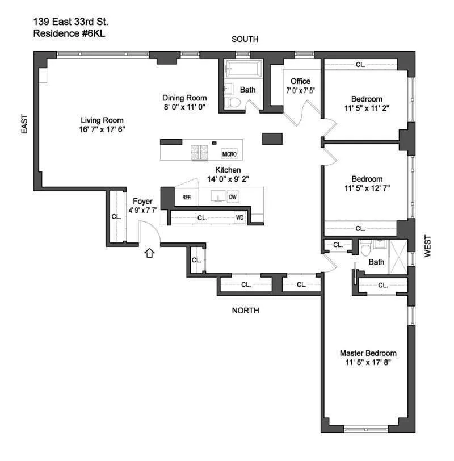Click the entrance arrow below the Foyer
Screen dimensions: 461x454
[x=149, y=253]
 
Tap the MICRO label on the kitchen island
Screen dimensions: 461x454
[x=229, y=154]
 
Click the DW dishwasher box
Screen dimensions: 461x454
[x=232, y=197]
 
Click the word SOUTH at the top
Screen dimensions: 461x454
[x=245, y=39]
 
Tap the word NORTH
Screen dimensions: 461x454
[x=245, y=311]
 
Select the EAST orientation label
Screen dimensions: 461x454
[x=24, y=123]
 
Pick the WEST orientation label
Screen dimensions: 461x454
[x=429, y=247]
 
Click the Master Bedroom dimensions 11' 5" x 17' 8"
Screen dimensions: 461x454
[x=368, y=362]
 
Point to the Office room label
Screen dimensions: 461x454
[x=300, y=81]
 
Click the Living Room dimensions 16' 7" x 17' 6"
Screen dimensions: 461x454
[x=102, y=129]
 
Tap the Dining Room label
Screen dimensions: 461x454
[x=184, y=98]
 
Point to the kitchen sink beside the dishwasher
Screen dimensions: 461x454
[x=216, y=197]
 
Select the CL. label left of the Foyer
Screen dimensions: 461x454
[x=116, y=216]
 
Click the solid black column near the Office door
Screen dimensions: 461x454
[x=271, y=139]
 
